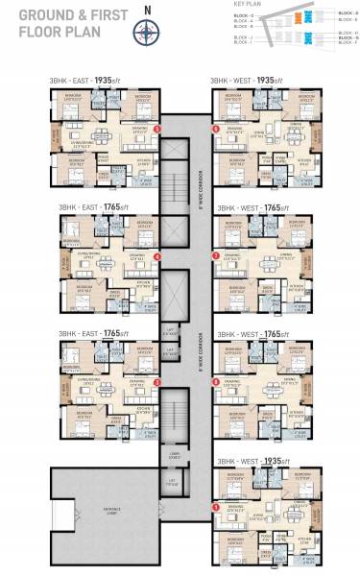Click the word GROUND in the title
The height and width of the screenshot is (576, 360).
point(34,13)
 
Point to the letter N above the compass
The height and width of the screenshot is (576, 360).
point(146,12)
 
